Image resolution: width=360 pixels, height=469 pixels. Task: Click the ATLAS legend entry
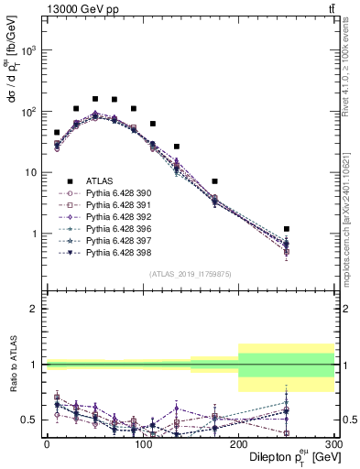(101, 181)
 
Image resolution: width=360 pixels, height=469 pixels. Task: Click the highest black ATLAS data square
(95, 98)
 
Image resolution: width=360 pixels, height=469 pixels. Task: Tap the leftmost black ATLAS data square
(57, 132)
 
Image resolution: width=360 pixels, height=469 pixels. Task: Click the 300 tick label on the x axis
(333, 443)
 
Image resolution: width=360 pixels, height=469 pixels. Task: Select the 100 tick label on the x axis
(142, 443)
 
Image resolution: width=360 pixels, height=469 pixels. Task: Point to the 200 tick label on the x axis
(238, 443)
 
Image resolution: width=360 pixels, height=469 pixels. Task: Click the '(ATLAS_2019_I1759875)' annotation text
(189, 273)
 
